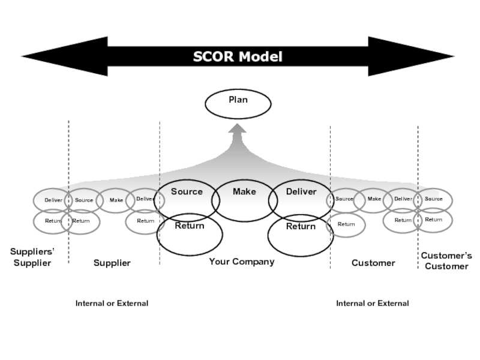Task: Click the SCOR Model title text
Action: coord(238,57)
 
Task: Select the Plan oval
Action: coord(238,104)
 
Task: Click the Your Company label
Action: coord(241,262)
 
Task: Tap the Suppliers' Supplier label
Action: coord(32,257)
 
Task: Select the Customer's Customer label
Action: coord(446,261)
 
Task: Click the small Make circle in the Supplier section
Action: coord(116,200)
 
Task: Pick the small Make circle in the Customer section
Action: coord(374,199)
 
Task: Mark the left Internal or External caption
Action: coord(112,304)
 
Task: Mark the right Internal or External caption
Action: coord(372,304)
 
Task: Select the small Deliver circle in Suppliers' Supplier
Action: coord(53,200)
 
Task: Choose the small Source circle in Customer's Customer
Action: coord(434,199)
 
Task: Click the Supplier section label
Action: coord(112,263)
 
